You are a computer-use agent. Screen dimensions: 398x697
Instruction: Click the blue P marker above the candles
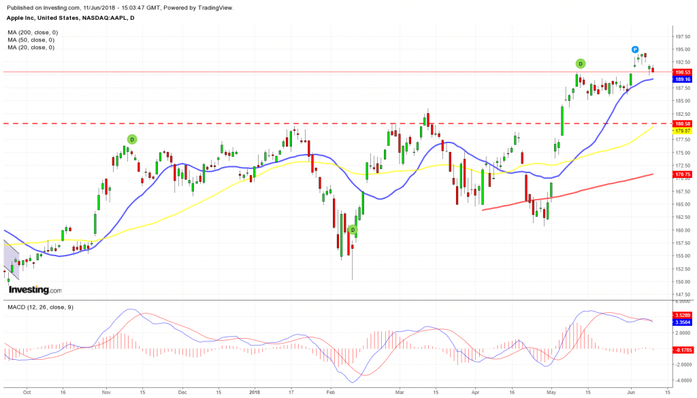[634, 50]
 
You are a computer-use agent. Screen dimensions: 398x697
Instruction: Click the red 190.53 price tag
[681, 72]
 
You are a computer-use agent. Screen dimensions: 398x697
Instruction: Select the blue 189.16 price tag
[681, 79]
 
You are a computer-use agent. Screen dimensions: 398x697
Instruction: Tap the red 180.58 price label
[681, 123]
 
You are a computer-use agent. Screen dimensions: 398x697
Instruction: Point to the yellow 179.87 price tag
[681, 130]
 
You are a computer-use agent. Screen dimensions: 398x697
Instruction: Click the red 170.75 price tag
[681, 174]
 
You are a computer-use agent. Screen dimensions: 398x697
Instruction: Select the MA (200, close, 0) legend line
[33, 32]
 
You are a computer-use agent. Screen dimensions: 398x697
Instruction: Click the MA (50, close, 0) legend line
[31, 40]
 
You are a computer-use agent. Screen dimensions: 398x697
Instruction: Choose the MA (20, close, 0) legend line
[31, 47]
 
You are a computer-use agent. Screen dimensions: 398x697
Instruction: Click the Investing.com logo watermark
[34, 290]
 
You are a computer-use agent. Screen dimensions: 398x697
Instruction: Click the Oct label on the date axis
[27, 393]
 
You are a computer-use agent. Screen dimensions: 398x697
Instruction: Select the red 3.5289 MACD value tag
[682, 315]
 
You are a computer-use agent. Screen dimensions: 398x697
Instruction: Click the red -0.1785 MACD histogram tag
[682, 349]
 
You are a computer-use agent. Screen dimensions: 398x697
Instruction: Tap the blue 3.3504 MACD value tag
[682, 322]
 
